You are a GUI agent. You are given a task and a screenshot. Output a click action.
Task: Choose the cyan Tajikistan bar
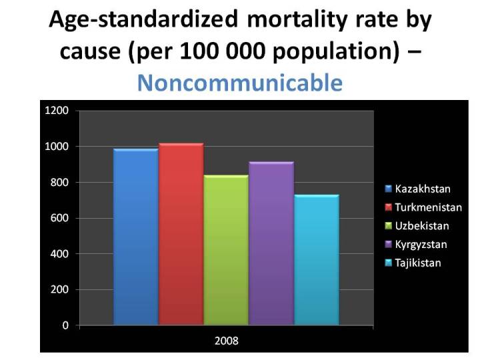point(317,260)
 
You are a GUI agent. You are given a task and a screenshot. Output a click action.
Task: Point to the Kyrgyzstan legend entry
point(421,245)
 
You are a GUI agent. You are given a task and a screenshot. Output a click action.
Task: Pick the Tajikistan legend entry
point(417,263)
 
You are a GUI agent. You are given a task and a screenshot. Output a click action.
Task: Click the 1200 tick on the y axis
point(57,111)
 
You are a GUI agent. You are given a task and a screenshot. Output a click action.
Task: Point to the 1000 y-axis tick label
point(57,147)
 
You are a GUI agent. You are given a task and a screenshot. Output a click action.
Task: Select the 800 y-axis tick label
point(59,183)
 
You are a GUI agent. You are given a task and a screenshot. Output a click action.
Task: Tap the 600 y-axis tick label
point(59,219)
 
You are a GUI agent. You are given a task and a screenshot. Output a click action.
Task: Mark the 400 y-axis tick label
point(59,254)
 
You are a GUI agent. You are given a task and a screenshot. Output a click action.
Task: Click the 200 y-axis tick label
point(59,290)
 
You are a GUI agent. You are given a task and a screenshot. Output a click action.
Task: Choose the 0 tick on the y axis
point(65,326)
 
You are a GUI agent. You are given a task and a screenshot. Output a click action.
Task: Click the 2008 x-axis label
point(226,341)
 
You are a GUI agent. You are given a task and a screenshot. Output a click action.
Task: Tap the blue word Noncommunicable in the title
point(239,83)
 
